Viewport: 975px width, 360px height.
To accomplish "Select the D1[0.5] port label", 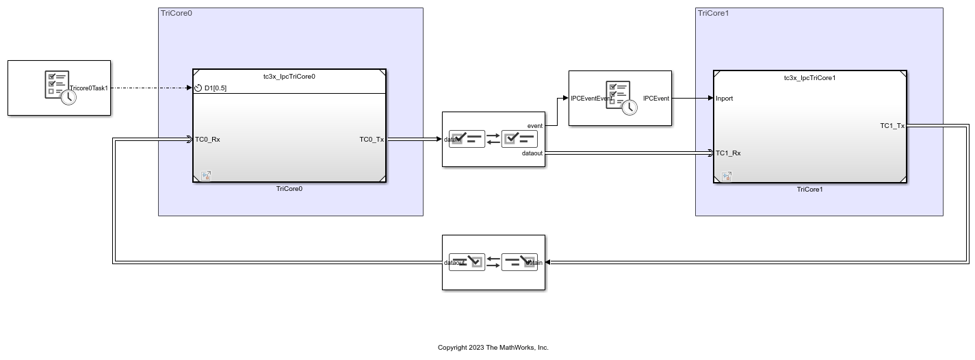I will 215,88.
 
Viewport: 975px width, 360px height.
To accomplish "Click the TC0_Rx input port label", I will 207,140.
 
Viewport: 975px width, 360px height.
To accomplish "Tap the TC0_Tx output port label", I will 372,140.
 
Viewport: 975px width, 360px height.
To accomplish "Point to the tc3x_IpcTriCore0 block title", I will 289,77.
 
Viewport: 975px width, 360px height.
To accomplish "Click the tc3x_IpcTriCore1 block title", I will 809,78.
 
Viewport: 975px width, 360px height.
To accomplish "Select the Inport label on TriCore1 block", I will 724,99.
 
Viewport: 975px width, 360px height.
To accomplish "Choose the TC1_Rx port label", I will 728,153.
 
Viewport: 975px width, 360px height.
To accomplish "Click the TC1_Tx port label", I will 892,126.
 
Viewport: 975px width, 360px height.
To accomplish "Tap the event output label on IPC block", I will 534,126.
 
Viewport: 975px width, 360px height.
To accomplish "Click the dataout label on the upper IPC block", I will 532,153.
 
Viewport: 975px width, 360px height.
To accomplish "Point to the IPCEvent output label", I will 655,99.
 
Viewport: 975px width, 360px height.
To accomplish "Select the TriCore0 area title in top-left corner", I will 176,13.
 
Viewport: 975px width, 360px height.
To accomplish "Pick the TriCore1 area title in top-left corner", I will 713,13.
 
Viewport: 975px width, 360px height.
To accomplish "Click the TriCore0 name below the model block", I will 289,189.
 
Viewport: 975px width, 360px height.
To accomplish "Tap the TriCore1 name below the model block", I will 809,190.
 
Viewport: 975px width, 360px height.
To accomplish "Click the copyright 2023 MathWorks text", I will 493,348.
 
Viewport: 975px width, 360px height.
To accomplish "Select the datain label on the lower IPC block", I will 534,263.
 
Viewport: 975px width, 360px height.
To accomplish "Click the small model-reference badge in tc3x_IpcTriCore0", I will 206,176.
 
